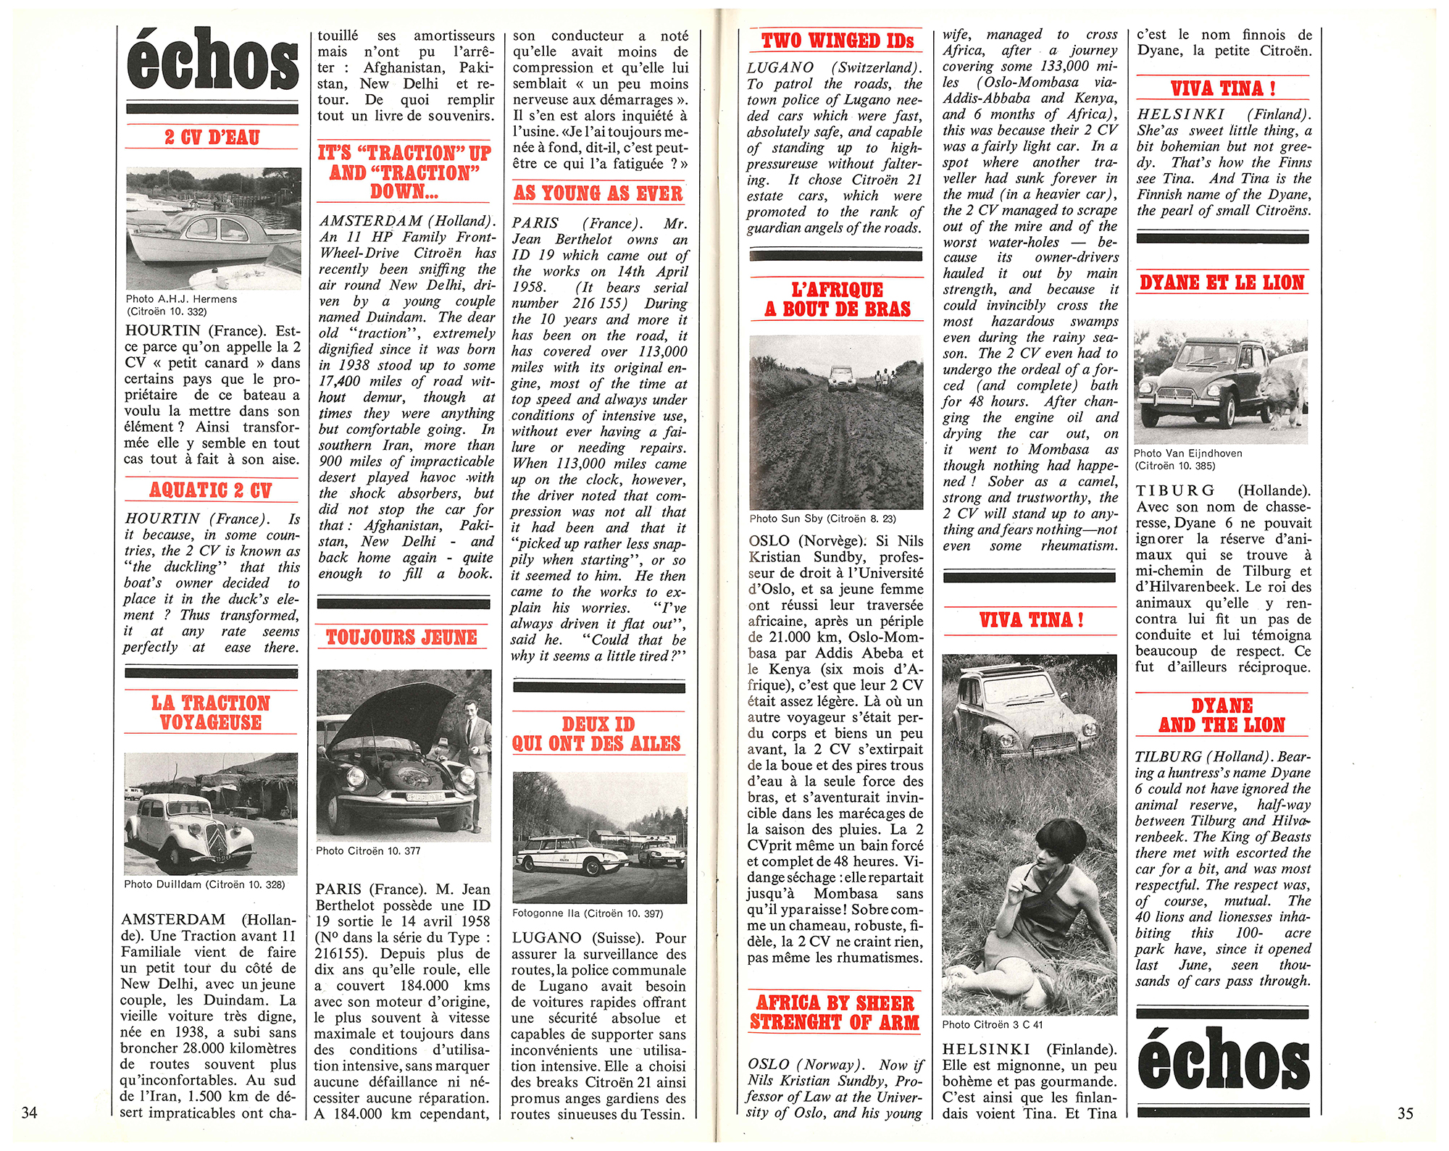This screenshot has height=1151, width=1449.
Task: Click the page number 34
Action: pos(29,1113)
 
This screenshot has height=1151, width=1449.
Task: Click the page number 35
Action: pos(1405,1113)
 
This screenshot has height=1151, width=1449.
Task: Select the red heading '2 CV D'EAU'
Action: pos(212,137)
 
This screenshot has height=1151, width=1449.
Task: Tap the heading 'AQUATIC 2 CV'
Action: pos(211,490)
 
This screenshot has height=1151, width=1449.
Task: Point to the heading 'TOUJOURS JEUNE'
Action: pos(401,637)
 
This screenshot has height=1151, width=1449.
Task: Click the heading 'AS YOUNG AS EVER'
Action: pos(598,193)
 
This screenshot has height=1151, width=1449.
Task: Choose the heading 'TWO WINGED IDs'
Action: pos(837,41)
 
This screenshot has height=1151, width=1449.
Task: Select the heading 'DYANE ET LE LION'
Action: pos(1222,282)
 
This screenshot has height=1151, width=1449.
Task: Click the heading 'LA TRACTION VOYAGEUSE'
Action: pos(211,713)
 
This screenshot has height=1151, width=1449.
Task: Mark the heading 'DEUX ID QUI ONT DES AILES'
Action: pos(597,734)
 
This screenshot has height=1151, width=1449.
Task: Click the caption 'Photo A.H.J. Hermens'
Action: pos(181,299)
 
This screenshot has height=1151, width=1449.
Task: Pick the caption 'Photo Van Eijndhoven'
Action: pos(1187,453)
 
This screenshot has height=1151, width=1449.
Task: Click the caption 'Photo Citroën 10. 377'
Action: pos(368,851)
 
